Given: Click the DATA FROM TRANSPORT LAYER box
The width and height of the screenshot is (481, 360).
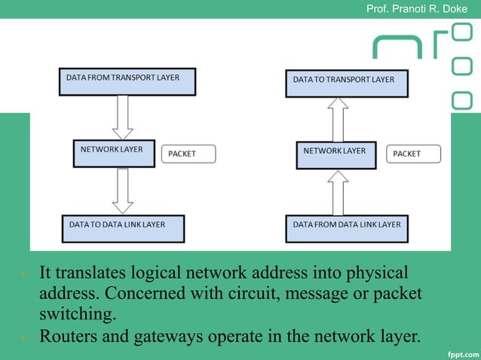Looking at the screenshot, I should tap(127, 81).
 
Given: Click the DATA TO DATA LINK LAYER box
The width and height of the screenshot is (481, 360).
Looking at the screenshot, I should tap(123, 228).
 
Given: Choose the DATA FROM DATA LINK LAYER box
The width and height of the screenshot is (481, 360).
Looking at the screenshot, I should tap(347, 228).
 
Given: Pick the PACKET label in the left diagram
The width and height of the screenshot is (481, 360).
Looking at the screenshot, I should tap(188, 154).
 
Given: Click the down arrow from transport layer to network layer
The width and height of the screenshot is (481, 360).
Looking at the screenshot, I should tap(122, 117).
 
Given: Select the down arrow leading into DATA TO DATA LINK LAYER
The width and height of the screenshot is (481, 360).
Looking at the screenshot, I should tap(122, 191).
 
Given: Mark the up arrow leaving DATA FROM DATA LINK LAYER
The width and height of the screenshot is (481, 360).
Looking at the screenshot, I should tap(339, 193).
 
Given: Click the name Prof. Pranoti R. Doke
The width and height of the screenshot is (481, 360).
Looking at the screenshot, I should tap(416, 9).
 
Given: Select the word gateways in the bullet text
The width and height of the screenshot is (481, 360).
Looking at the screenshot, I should tap(163, 336).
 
